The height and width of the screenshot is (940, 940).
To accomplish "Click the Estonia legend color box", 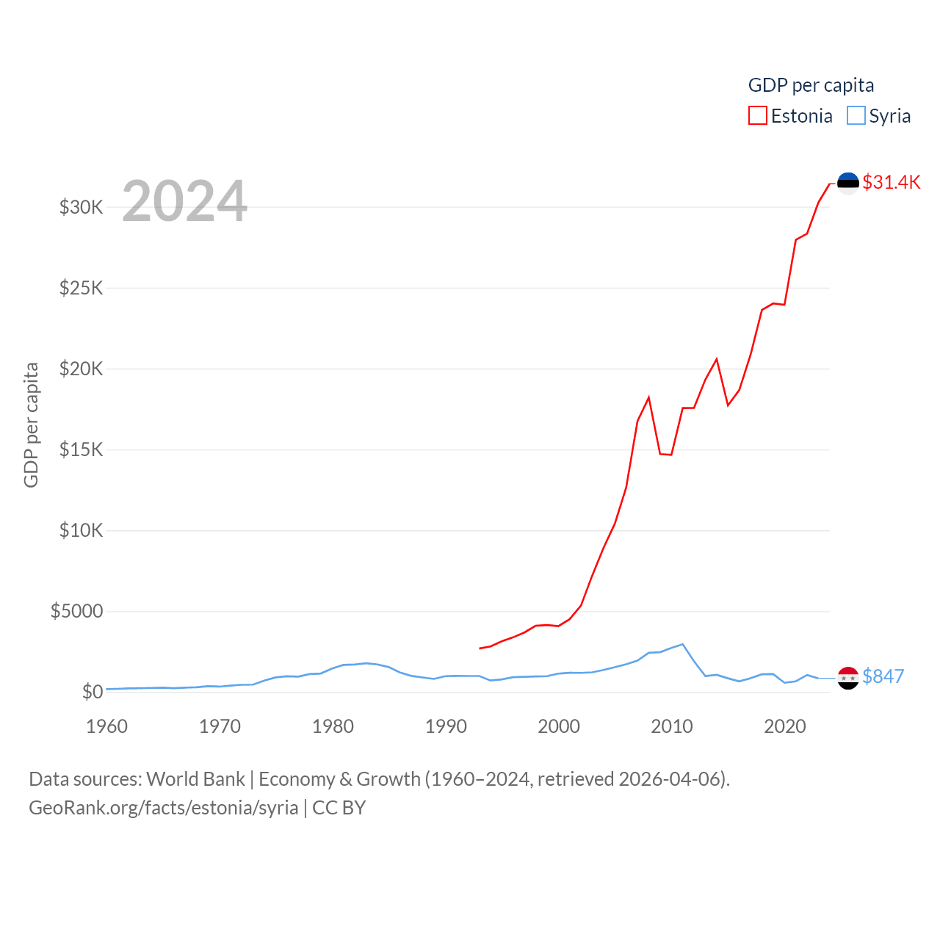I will pos(758,116).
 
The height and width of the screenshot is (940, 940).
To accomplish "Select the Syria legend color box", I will pos(856,116).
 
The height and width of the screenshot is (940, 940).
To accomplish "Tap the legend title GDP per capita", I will pos(811,85).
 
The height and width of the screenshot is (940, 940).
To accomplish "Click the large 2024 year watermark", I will pos(184,200).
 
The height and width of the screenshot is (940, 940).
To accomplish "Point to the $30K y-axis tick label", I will pos(82,207).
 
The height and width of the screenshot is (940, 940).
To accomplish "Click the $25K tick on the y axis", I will pos(82,288).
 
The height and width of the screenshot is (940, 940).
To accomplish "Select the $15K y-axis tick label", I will pos(82,449).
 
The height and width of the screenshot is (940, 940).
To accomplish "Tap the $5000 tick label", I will pos(77,611).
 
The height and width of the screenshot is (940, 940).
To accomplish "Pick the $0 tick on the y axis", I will pos(93,692).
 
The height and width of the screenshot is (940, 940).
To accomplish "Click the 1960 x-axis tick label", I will pos(106,726).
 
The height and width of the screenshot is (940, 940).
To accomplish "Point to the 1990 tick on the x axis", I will pos(446,726).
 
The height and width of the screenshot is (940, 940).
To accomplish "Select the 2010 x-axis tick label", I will pos(672,726).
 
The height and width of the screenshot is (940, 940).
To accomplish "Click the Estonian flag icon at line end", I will pos(848,183).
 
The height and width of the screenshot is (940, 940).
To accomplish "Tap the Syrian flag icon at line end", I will pos(848,678).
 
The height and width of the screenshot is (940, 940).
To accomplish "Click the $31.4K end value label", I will pos(891,182).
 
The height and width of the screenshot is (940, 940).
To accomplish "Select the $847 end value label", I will pos(883,676).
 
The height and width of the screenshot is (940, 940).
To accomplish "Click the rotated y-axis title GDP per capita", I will pos(31,424).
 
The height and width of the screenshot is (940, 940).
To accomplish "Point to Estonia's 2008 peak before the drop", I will pos(649,397).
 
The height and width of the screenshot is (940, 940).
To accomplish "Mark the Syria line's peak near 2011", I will pos(683,644).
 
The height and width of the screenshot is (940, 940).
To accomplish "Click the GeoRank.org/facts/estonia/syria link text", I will pos(164,808).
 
